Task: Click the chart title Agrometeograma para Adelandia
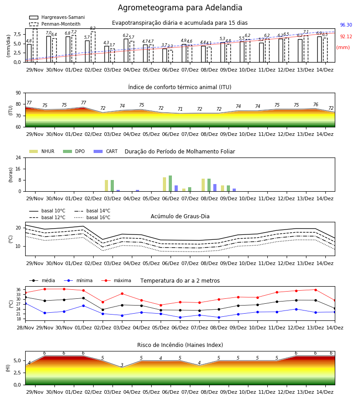(180, 8)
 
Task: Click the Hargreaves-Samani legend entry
(57, 17)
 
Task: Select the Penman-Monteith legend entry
(55, 24)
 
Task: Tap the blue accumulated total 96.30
(346, 25)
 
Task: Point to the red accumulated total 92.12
(346, 37)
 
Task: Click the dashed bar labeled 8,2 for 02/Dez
(93, 47)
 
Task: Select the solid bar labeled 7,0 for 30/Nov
(49, 49)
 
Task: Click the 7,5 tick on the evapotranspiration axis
(17, 35)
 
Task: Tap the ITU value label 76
(315, 104)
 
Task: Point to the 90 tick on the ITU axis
(18, 93)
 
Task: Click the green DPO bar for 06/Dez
(170, 184)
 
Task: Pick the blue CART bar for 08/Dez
(215, 188)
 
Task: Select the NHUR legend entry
(42, 151)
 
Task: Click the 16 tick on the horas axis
(18, 169)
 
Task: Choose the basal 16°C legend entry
(92, 217)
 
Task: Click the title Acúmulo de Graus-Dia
(180, 216)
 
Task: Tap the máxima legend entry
(116, 280)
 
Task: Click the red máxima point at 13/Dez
(315, 290)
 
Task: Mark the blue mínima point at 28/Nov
(25, 303)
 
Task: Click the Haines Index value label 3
(122, 365)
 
